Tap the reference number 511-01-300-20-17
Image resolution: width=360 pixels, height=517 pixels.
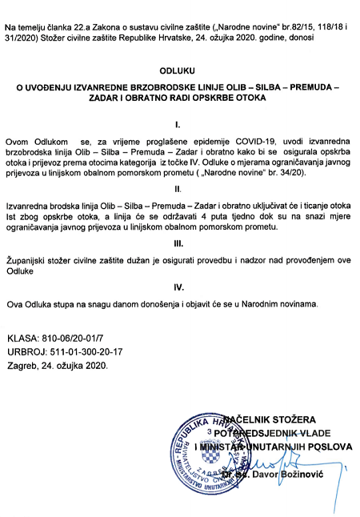(x=86, y=353)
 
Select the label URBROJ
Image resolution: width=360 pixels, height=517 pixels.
(x=26, y=353)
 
